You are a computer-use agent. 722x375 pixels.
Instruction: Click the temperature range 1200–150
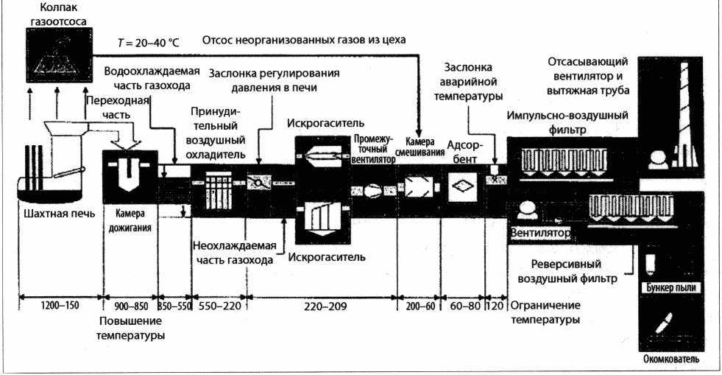click(x=60, y=305)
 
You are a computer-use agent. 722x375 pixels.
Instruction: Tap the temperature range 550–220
click(x=219, y=306)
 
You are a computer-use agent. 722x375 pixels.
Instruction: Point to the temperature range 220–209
click(x=325, y=306)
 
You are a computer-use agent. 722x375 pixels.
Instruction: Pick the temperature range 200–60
click(x=420, y=306)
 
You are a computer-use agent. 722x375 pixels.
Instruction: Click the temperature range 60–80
click(x=464, y=306)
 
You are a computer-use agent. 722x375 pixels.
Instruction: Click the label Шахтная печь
click(x=59, y=214)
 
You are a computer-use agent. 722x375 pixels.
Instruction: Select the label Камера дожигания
click(x=130, y=221)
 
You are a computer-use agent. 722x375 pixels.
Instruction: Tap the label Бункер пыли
click(x=671, y=288)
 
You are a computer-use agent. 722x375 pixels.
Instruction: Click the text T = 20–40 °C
click(x=148, y=43)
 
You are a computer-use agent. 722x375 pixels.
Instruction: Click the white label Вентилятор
click(x=540, y=233)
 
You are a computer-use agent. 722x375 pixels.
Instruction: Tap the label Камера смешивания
click(x=420, y=147)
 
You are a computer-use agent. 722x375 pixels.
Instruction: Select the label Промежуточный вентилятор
click(x=373, y=148)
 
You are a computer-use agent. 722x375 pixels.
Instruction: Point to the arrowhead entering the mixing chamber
click(x=419, y=132)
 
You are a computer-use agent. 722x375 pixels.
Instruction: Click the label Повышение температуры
click(x=130, y=328)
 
